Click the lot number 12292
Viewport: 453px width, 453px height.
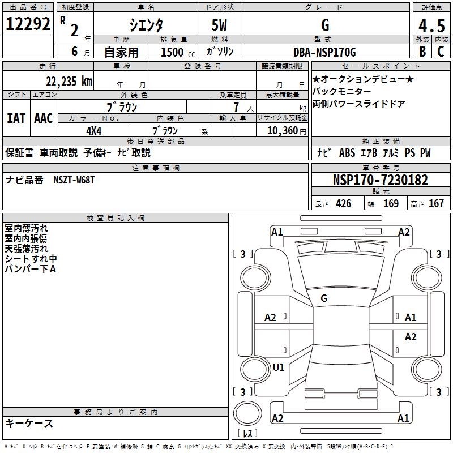(28, 24)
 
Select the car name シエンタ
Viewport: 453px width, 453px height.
(147, 25)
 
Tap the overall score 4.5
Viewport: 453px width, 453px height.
(431, 25)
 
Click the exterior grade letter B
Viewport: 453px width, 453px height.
(422, 52)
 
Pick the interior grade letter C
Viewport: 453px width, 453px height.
(441, 52)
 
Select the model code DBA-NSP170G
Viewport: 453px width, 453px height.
(325, 52)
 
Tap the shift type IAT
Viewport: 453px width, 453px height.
(16, 118)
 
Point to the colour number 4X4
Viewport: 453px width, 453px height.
(93, 130)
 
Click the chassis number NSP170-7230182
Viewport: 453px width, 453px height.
(381, 180)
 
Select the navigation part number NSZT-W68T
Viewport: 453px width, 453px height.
(74, 180)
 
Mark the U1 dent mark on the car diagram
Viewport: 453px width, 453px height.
(279, 367)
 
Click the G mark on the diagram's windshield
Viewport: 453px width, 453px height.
(324, 298)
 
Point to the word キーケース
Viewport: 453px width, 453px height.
(29, 423)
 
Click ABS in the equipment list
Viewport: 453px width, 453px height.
(347, 152)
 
